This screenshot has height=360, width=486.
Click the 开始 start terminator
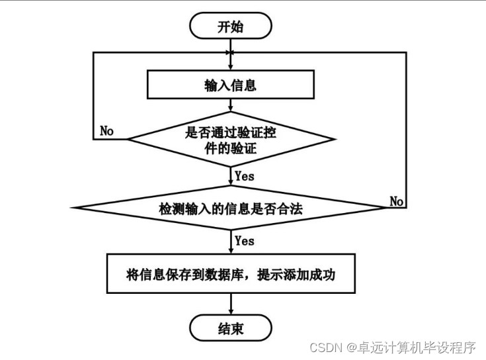[230, 26]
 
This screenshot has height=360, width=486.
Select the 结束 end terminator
[230, 328]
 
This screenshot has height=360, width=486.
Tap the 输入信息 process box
[230, 85]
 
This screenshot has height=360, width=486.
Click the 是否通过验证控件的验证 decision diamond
[230, 140]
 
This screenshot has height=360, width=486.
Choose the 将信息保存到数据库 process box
[230, 273]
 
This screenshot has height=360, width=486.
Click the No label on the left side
[106, 130]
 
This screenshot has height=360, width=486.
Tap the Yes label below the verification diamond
[244, 176]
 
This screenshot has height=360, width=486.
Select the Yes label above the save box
[244, 241]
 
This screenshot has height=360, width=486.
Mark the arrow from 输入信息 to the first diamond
[230, 106]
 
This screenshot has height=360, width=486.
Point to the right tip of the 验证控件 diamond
[335, 140]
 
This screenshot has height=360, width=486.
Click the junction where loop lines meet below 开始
[230, 52]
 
